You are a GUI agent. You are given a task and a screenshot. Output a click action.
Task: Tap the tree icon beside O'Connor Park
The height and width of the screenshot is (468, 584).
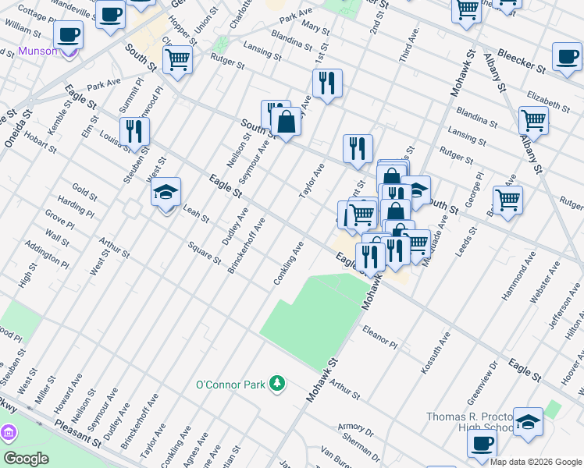coord(276,383)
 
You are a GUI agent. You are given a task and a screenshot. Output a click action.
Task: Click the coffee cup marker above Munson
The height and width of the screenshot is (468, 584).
coord(69,34)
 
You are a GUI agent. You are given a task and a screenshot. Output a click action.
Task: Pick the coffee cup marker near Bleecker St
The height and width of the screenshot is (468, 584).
coord(567,56)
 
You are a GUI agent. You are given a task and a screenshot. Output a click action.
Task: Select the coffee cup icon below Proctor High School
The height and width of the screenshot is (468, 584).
coord(482,443)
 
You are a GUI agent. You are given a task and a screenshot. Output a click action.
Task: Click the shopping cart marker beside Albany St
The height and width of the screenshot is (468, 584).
coord(534,120)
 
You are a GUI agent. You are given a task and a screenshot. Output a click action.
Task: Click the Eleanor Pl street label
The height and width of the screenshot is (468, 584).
coord(380,338)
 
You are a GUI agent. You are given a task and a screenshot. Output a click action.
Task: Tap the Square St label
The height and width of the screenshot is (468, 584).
coord(205,253)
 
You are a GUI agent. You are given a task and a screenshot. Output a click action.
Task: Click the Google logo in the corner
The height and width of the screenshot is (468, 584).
coord(26,458)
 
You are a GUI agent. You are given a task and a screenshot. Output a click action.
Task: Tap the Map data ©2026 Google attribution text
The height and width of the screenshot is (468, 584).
coord(536,462)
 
